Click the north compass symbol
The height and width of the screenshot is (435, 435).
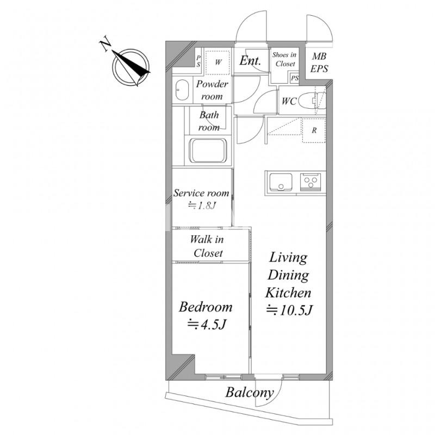tap(131, 67)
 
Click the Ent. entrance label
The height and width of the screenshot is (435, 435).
tap(250, 60)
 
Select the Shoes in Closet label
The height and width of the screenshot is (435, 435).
tap(284, 59)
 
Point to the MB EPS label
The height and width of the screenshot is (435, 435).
tap(319, 63)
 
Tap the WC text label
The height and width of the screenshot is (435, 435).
tap(289, 101)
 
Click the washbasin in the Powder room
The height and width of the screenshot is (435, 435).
tap(182, 90)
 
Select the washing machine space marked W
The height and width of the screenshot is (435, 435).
tap(217, 62)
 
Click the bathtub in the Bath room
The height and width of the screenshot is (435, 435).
tap(208, 151)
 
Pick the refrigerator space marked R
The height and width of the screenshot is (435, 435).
tap(314, 130)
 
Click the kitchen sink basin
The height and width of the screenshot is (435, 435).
tap(281, 182)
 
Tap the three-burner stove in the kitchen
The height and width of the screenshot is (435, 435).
tap(310, 182)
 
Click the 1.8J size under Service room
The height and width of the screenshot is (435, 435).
tap(202, 206)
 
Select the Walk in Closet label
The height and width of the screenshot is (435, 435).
tap(207, 246)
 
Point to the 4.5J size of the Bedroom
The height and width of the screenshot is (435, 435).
tap(207, 324)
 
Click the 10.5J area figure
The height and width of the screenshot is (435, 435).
tap(289, 310)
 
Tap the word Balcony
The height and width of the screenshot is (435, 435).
tap(250, 393)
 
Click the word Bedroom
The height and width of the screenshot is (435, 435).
tap(206, 307)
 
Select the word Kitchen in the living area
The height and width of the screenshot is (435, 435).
tap(288, 293)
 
